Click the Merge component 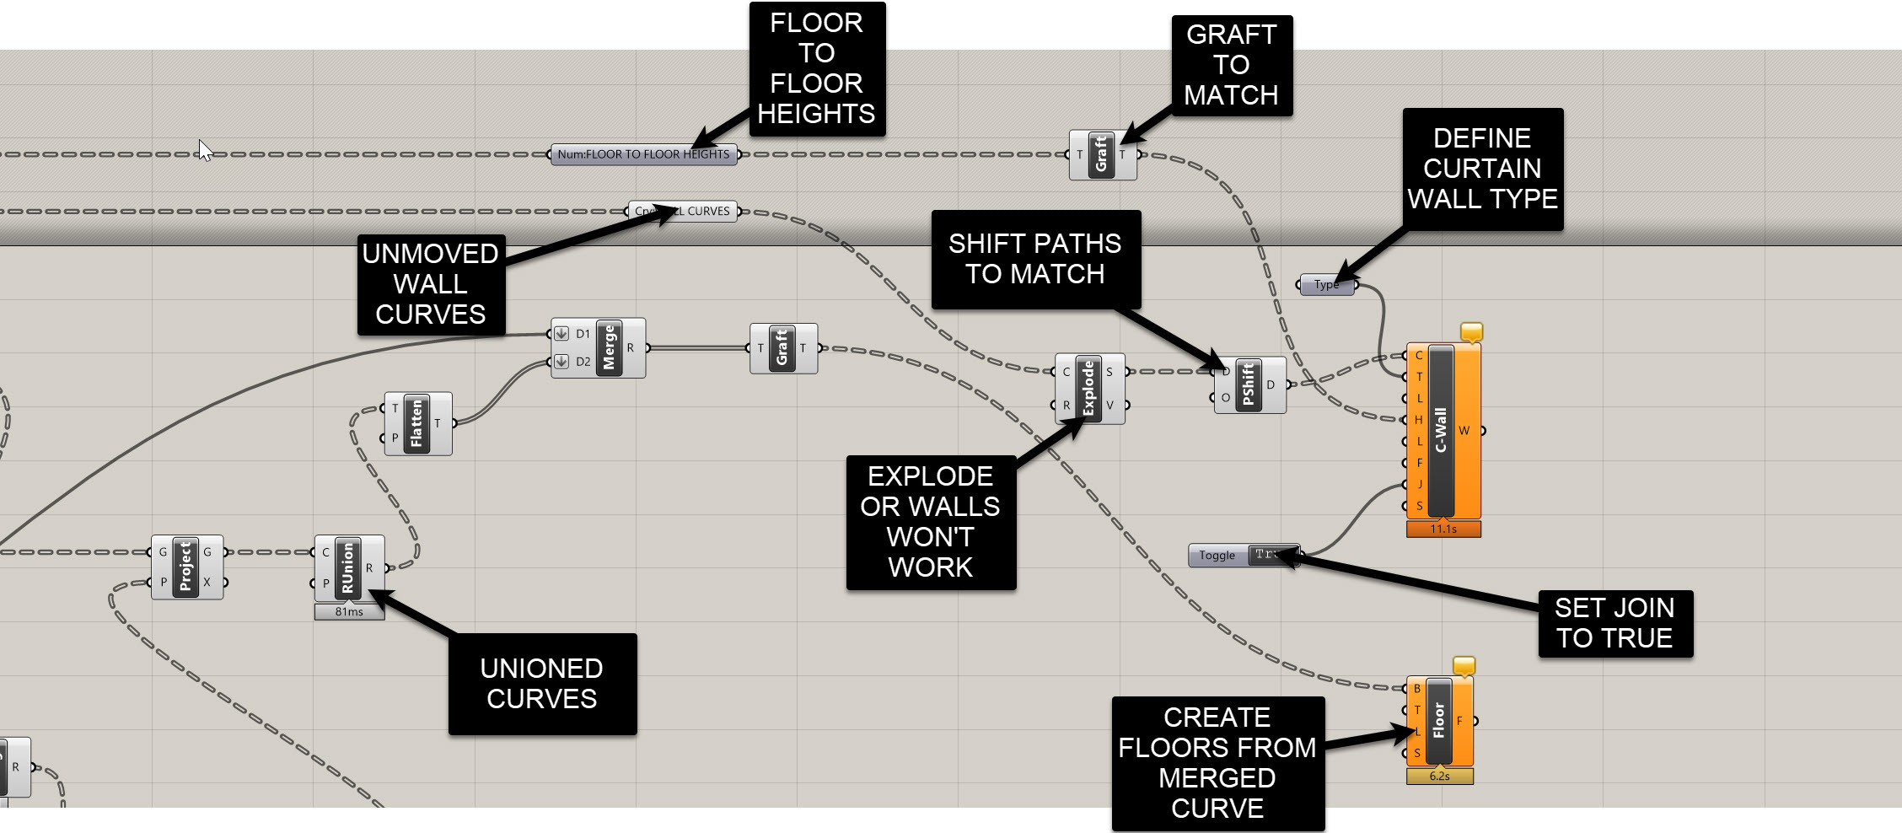tap(609, 347)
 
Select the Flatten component tap(416, 423)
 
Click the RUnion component tap(347, 567)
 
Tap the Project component tap(185, 567)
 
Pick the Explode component tap(1088, 388)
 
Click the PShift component tap(1249, 385)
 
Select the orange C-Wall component tap(1441, 430)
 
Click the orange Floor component tap(1439, 721)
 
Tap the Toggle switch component tap(1244, 555)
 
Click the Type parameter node tap(1326, 285)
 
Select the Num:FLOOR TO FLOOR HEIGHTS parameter tap(643, 154)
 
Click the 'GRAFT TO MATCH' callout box tap(1231, 65)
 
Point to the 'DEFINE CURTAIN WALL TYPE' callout tap(1482, 169)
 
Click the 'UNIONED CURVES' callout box tap(542, 684)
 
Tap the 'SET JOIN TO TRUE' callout tap(1615, 623)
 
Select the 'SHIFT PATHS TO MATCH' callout tap(1035, 259)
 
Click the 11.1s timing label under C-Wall tap(1443, 529)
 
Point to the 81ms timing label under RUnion tap(349, 612)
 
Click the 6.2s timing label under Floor tap(1439, 777)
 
